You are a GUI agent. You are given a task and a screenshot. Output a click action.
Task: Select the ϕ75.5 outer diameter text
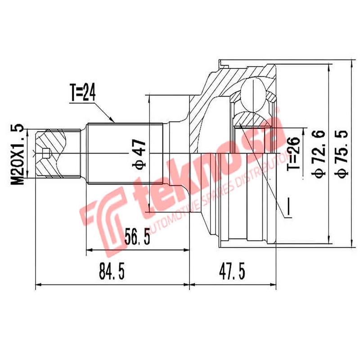342,153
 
